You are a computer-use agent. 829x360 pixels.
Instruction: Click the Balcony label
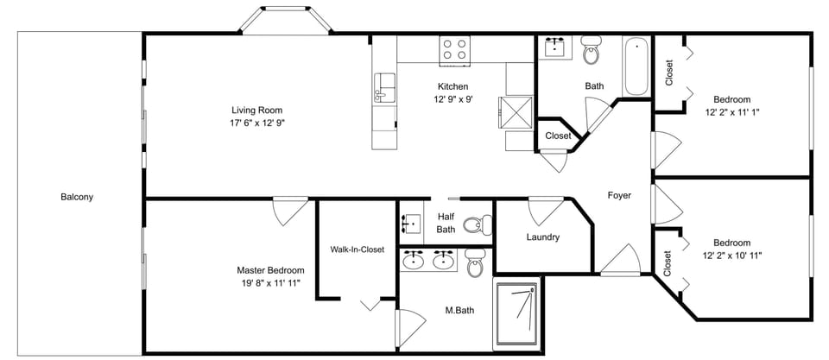tap(76, 197)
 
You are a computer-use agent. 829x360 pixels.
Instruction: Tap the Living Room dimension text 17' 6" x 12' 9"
tap(257, 123)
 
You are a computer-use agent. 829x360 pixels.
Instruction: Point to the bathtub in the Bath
tap(636, 66)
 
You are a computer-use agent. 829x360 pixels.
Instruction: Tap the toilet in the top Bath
tap(591, 51)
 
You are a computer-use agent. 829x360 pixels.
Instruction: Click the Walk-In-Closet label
tap(357, 249)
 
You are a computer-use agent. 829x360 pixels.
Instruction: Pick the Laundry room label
tap(543, 237)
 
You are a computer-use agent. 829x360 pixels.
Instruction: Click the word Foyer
tap(619, 195)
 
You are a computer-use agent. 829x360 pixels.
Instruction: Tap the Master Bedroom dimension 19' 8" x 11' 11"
tap(270, 283)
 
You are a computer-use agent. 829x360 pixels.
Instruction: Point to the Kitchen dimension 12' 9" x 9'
tap(452, 99)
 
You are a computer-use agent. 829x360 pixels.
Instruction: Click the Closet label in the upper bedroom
tap(669, 72)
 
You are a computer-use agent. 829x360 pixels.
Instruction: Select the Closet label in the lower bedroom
tap(668, 263)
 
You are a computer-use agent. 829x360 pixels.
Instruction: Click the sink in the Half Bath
tap(411, 224)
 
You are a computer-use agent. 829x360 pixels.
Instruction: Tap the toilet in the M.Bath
tap(474, 263)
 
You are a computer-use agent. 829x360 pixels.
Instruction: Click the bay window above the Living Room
tap(284, 19)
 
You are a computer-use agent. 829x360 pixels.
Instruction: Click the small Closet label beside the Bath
tap(558, 136)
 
